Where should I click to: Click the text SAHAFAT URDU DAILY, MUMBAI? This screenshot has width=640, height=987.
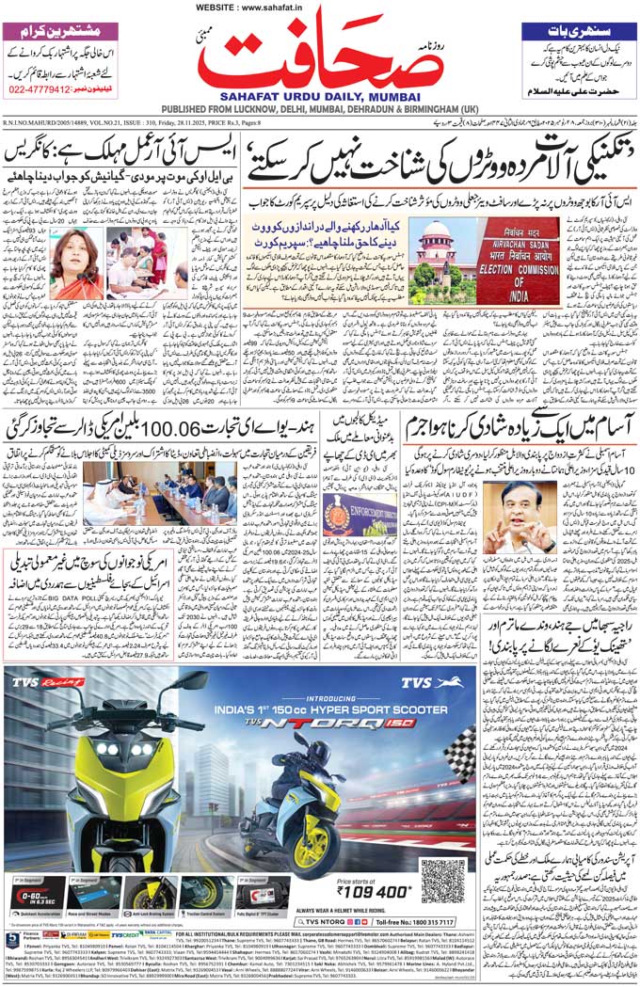click(318, 96)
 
